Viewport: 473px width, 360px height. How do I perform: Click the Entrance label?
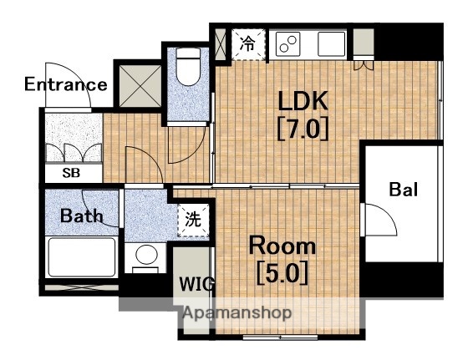point(66,84)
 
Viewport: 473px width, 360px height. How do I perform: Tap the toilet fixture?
point(188,67)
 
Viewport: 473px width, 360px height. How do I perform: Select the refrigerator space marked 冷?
point(248,44)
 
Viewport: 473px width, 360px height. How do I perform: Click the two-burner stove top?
point(288,44)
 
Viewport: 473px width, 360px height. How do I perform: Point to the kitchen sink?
point(332,44)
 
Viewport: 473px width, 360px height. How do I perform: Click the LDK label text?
point(303,101)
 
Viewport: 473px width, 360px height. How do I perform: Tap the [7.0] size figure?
point(303,129)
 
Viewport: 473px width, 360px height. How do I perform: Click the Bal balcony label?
point(404,190)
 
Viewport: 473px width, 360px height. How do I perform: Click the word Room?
point(282,246)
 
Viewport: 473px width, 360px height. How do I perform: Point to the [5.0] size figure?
point(282,273)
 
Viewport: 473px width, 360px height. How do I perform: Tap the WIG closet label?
point(196,284)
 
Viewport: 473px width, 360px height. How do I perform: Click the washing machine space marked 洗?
point(193,220)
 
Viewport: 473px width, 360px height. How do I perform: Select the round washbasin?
point(146,255)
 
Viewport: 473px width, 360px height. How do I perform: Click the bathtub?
point(82,257)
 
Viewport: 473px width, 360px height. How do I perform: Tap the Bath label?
point(82,215)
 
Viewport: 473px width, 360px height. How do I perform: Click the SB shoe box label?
point(71,173)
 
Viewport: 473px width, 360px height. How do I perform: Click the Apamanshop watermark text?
point(237,313)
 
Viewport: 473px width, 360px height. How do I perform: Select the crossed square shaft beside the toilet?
point(140,86)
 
